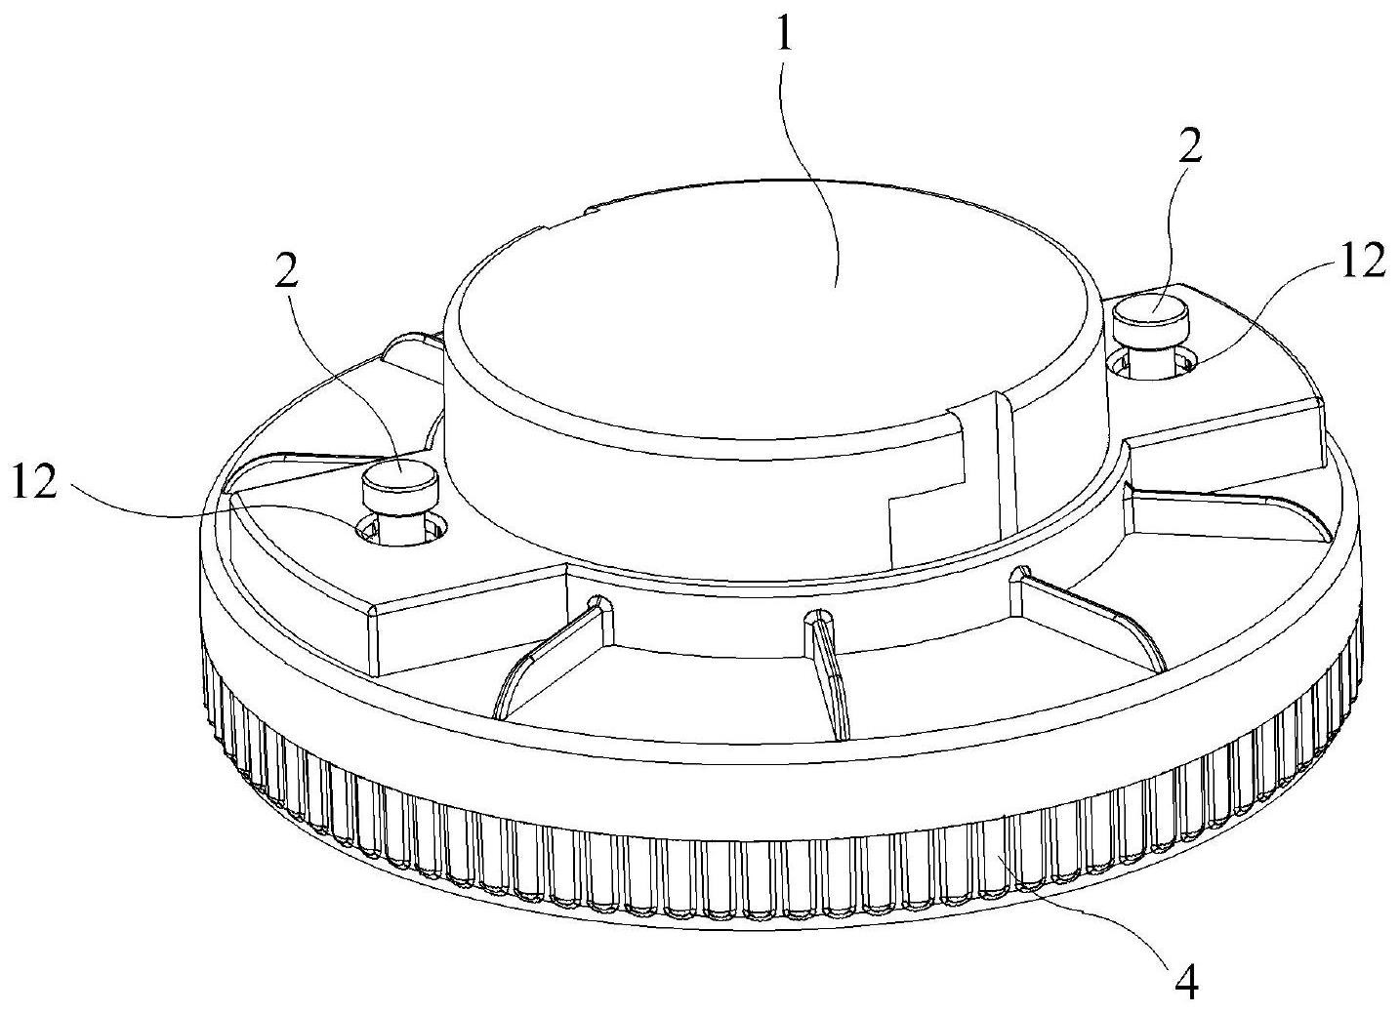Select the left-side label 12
coord(34,482)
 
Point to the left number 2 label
coord(286,268)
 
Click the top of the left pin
coord(401,470)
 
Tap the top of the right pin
coord(1152,310)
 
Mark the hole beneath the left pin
coord(402,530)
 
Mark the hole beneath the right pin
coord(1153,365)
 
